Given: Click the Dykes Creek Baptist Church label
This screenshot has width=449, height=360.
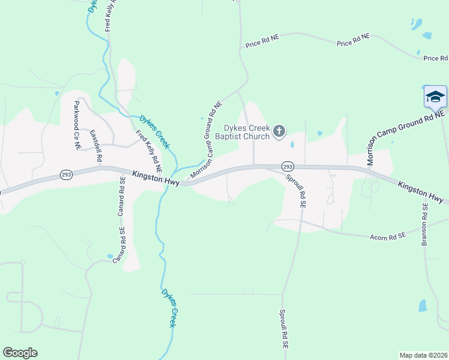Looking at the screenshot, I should point(247,132).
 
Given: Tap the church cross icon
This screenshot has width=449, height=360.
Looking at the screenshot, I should point(279,131).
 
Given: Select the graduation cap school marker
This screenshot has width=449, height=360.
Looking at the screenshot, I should point(435,97).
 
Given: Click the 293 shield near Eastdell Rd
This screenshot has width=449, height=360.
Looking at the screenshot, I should point(66,175).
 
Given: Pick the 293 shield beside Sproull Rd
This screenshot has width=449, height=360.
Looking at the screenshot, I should point(288,166).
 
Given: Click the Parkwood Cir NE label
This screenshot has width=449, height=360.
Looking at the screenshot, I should point(77,125).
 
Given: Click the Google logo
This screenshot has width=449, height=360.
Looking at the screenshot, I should point(20,353).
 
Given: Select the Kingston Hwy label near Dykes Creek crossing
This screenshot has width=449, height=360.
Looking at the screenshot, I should point(155,178).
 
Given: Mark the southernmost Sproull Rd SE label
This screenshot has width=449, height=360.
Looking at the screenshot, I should point(284,329).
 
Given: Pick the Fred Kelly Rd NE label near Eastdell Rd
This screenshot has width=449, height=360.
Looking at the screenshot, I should point(148,148).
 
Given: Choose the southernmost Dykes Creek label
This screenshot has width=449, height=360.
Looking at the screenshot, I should point(169,307).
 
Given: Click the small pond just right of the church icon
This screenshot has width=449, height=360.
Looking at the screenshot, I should point(292,144).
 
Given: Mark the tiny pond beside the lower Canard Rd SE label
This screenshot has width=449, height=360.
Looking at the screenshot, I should point(110,256).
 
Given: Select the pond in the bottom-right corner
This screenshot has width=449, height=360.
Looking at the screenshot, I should point(423,305).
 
